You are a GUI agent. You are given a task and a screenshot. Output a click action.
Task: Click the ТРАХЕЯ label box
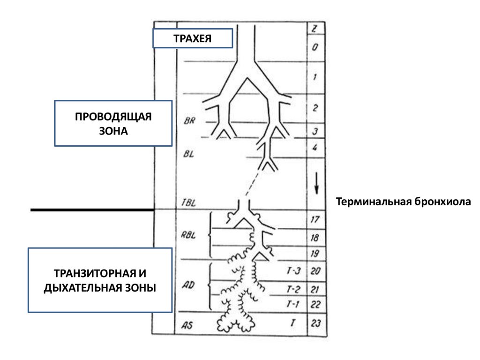(x=192, y=38)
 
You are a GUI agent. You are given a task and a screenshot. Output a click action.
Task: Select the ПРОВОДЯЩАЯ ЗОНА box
(x=113, y=123)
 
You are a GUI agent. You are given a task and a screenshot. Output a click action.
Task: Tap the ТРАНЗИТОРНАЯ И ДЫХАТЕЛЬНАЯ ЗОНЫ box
(x=100, y=280)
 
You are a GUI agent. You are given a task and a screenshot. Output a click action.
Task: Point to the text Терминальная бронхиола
(x=402, y=202)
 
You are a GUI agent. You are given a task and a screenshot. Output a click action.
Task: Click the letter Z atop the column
(x=315, y=29)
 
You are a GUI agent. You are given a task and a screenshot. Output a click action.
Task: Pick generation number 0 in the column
(x=315, y=47)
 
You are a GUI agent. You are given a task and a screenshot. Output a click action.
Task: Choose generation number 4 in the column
(x=315, y=147)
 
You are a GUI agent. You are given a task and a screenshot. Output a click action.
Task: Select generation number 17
(x=315, y=219)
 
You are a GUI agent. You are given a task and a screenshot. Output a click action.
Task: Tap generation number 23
(x=315, y=322)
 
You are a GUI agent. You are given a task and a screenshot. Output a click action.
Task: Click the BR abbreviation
(x=190, y=120)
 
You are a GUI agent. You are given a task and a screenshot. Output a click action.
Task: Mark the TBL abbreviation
(x=188, y=203)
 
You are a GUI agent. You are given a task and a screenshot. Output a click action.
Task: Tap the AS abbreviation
(x=187, y=325)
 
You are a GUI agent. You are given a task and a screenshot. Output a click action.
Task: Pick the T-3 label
(x=293, y=271)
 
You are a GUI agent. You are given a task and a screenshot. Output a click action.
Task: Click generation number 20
(x=315, y=271)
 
